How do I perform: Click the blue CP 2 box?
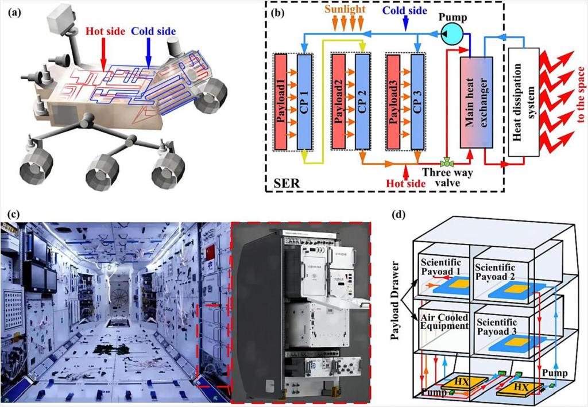[362, 102]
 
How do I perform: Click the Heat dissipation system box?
[524, 102]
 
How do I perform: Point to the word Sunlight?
[349, 10]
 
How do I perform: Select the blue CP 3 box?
[416, 102]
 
